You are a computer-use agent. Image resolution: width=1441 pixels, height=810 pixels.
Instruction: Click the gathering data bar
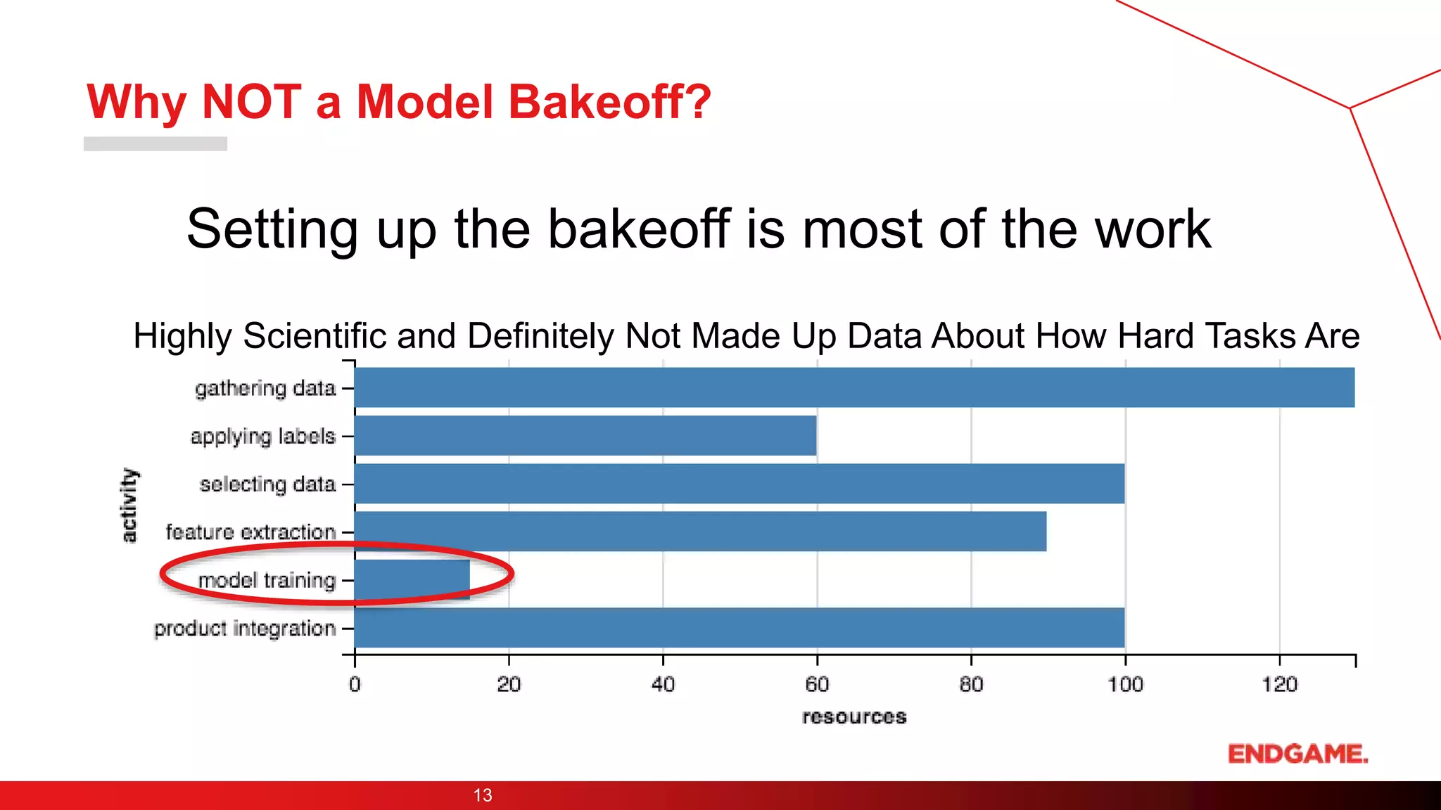[854, 387]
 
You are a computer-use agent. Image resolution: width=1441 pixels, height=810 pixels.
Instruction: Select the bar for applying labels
[585, 436]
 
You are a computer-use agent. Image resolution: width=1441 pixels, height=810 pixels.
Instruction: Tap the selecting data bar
[739, 484]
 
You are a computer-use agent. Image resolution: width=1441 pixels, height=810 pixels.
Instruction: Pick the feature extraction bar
[700, 532]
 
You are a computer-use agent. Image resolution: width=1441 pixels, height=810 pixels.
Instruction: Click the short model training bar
[412, 579]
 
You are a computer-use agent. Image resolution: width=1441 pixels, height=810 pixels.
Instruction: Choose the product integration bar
[739, 627]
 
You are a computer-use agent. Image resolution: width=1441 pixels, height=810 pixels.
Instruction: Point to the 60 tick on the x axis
[817, 684]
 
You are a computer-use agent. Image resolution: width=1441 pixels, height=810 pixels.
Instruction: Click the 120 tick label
[1278, 684]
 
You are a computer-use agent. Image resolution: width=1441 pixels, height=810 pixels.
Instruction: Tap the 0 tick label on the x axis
[355, 684]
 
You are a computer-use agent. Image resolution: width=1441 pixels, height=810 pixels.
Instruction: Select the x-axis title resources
[854, 717]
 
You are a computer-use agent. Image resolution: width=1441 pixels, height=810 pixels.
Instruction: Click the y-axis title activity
[129, 506]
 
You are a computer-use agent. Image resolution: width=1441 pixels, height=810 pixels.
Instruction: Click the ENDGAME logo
[1297, 754]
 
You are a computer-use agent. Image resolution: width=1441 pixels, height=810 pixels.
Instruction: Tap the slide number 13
[483, 795]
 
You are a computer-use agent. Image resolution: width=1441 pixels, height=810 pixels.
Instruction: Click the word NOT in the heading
[251, 102]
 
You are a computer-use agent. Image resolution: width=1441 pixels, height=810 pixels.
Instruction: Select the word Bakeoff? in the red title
[610, 102]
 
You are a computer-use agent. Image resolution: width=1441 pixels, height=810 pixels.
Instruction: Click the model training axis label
[267, 580]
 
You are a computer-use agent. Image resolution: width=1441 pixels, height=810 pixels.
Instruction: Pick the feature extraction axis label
[250, 532]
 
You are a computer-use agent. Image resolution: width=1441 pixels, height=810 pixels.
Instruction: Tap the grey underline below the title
[155, 143]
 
